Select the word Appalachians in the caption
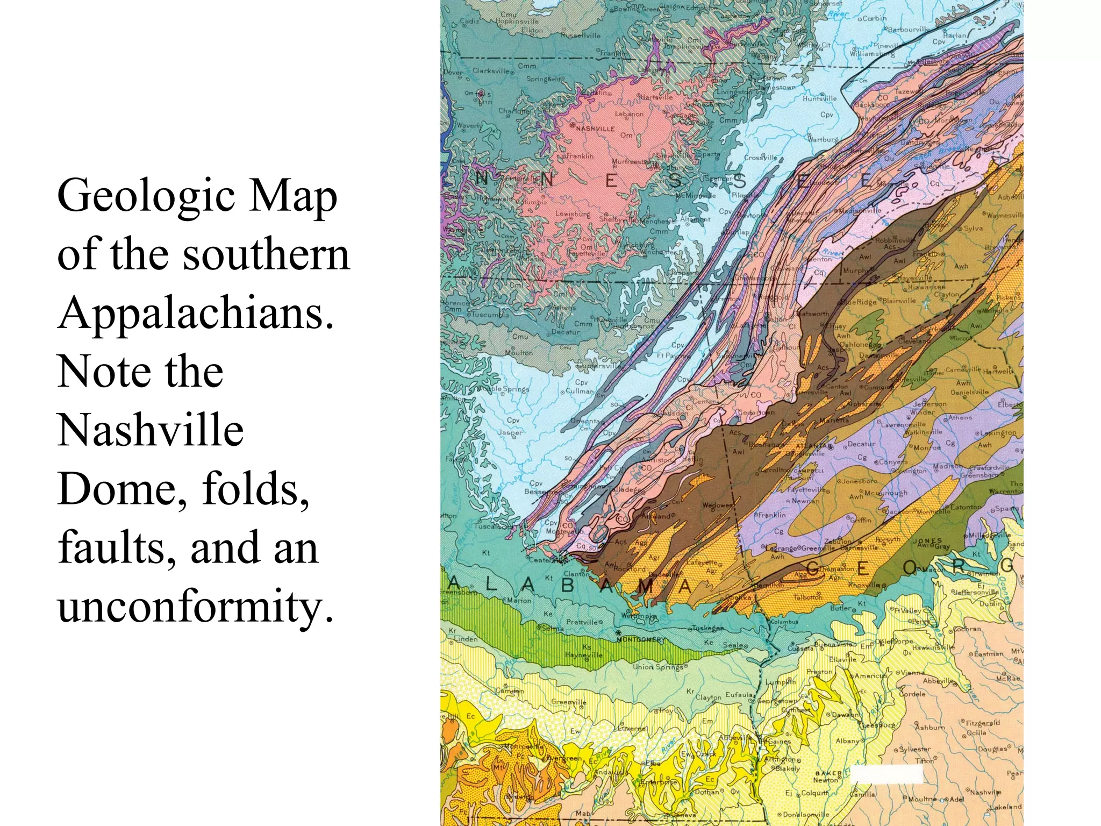196,313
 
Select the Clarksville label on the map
491,70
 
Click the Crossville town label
760,158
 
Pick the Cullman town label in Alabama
580,391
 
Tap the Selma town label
553,628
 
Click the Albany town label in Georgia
847,740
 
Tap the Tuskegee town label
709,628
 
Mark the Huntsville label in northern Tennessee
819,98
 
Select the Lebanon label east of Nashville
629,114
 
